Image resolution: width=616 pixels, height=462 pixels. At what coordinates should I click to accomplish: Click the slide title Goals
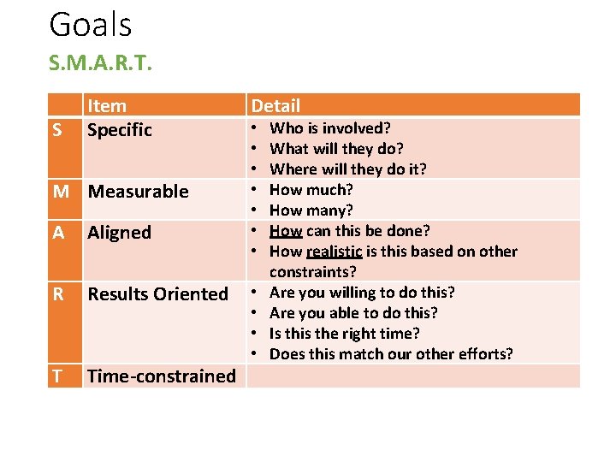pos(91,25)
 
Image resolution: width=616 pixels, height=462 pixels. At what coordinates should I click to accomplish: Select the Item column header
pos(107,106)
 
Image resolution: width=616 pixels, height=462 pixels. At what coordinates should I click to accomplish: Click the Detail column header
pos(275,106)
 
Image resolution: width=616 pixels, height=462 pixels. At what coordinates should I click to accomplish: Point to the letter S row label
pos(58,130)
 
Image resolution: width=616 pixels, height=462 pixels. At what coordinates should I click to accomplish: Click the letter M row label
pos(61,192)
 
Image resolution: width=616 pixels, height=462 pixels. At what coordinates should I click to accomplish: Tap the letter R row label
pos(58,294)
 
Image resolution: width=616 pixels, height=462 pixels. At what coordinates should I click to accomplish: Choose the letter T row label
pos(57,376)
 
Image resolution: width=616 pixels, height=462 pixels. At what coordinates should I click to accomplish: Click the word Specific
pos(120,130)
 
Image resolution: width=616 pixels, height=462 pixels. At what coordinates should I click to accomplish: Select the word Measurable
pos(139,192)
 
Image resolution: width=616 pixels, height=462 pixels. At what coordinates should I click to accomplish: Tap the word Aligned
pos(119,233)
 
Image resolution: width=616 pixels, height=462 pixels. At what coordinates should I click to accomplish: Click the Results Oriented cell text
pos(158,294)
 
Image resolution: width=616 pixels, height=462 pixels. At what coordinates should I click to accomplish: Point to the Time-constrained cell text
pos(162,376)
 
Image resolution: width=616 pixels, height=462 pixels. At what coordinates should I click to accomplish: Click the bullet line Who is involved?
pos(330,128)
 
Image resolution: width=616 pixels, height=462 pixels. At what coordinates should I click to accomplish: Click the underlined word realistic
pos(334,252)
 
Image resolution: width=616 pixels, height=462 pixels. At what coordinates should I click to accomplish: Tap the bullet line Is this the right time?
pos(345,334)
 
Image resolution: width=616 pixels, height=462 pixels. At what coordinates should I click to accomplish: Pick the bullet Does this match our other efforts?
pos(391,354)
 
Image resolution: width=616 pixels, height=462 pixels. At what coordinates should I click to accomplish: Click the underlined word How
pos(286,231)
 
